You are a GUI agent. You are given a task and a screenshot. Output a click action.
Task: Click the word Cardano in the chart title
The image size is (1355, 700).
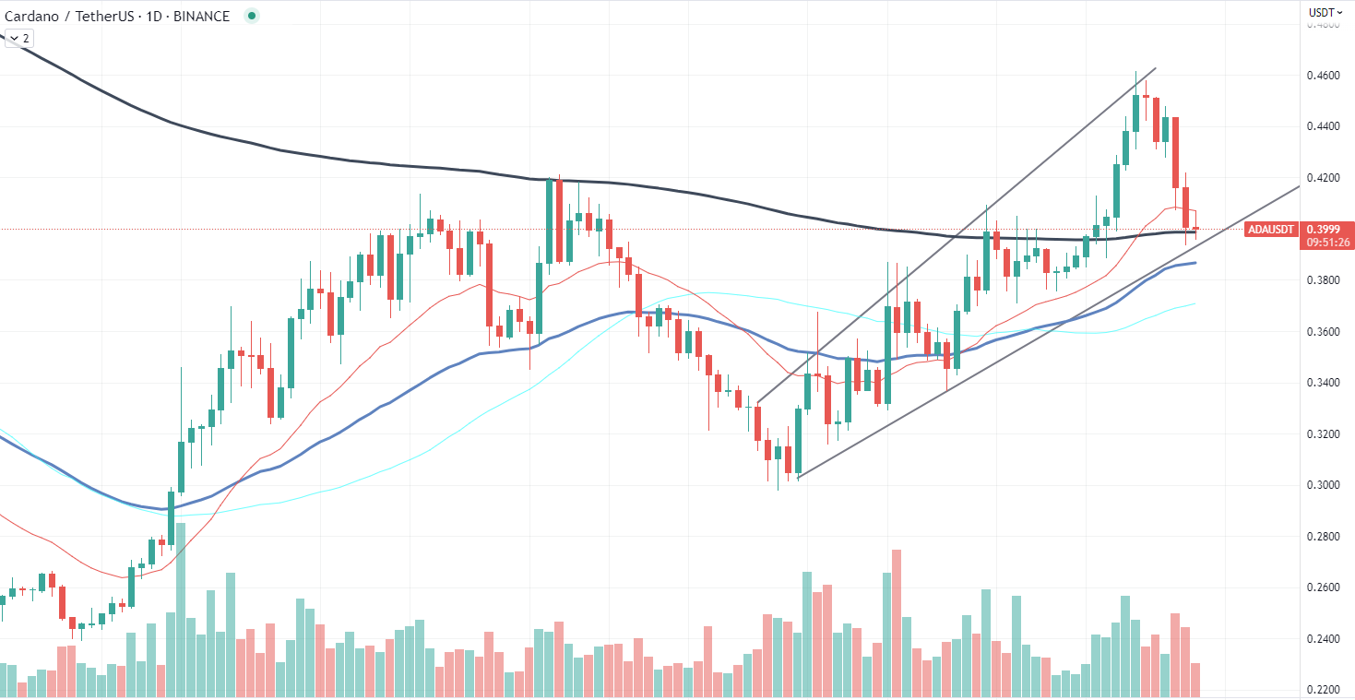click(35, 16)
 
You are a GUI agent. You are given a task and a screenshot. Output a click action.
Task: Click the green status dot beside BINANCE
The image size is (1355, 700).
click(251, 16)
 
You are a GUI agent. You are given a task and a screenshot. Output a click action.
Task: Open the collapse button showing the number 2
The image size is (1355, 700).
click(18, 38)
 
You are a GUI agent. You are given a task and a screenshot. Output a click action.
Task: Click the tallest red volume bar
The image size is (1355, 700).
click(896, 623)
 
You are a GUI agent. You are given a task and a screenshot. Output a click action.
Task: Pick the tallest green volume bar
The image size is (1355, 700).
click(181, 610)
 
